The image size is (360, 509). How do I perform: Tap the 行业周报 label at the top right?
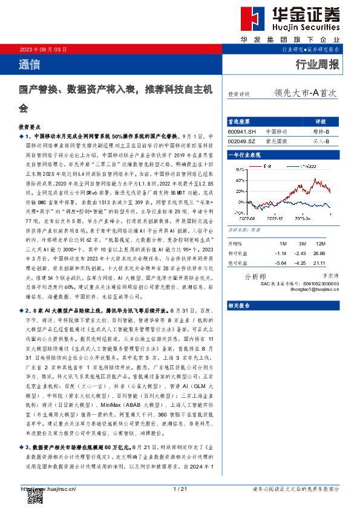(x=317, y=63)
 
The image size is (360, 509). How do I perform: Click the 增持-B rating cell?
(x=321, y=131)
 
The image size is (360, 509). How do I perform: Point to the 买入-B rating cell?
(x=321, y=141)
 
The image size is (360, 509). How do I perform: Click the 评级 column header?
(x=321, y=121)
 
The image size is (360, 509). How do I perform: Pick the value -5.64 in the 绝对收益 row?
(x=280, y=263)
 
